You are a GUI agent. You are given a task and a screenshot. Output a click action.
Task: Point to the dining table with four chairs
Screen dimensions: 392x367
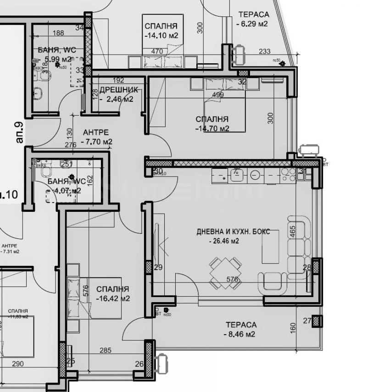(x=226, y=274)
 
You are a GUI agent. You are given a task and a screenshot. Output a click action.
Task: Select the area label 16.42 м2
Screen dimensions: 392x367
(x=113, y=298)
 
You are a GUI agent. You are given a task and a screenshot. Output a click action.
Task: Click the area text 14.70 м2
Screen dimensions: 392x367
(x=212, y=128)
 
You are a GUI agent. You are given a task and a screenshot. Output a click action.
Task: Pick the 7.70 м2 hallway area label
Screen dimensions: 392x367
(x=96, y=142)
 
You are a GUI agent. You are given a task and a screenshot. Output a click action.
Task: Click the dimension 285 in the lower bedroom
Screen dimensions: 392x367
(x=106, y=351)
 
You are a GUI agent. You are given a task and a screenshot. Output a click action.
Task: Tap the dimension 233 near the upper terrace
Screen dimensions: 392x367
(x=265, y=51)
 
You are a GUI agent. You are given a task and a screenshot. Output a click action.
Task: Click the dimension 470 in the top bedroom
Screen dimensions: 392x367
(x=157, y=51)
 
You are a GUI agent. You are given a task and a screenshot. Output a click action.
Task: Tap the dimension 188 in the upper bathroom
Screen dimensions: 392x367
(x=58, y=33)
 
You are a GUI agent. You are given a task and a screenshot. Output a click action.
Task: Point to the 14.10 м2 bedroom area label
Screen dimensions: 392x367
(x=161, y=35)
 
